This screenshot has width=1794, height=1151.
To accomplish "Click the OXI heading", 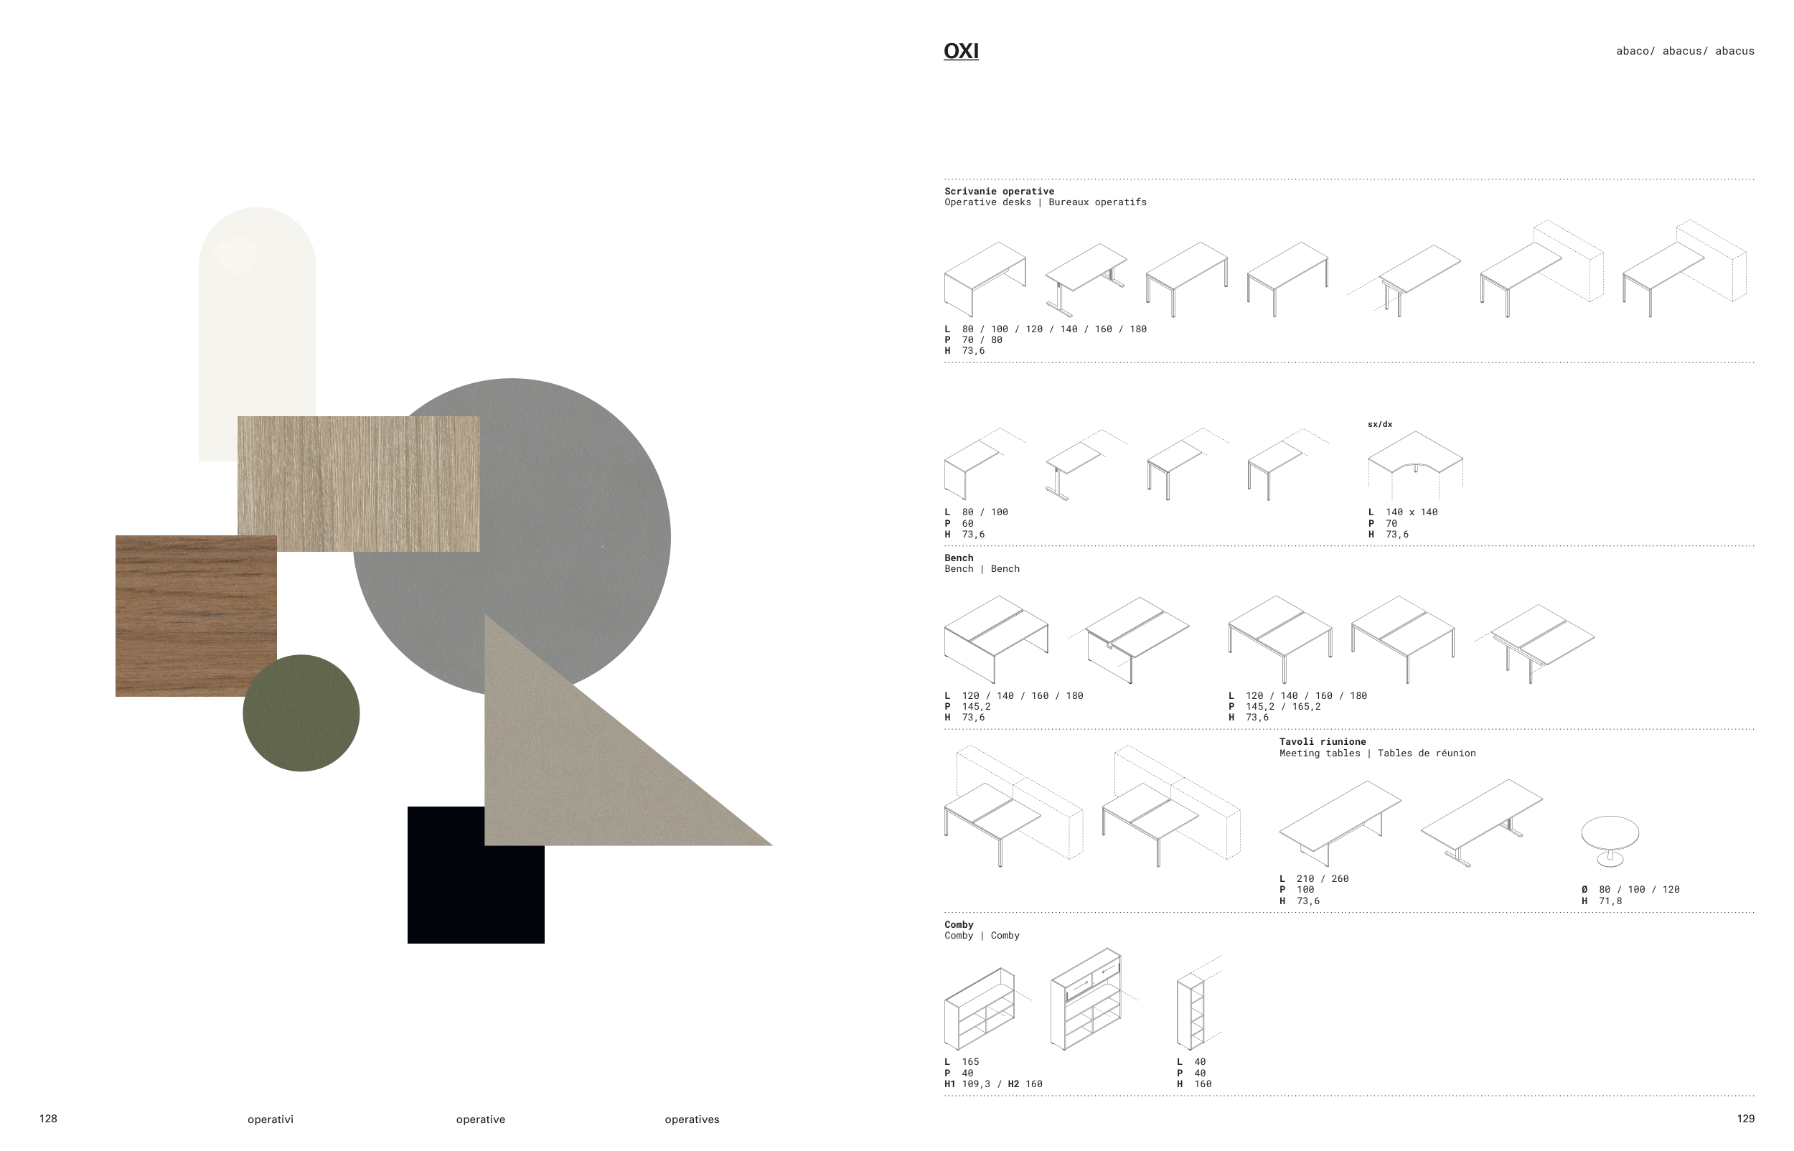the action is click(x=961, y=51).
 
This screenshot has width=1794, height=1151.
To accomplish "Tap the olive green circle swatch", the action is click(x=301, y=713).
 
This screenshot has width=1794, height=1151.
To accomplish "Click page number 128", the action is click(x=48, y=1119).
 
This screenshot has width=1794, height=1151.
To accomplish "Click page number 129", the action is click(x=1745, y=1119).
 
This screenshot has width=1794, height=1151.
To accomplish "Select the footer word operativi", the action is click(x=271, y=1119).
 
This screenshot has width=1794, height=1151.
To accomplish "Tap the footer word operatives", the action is click(x=692, y=1119).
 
